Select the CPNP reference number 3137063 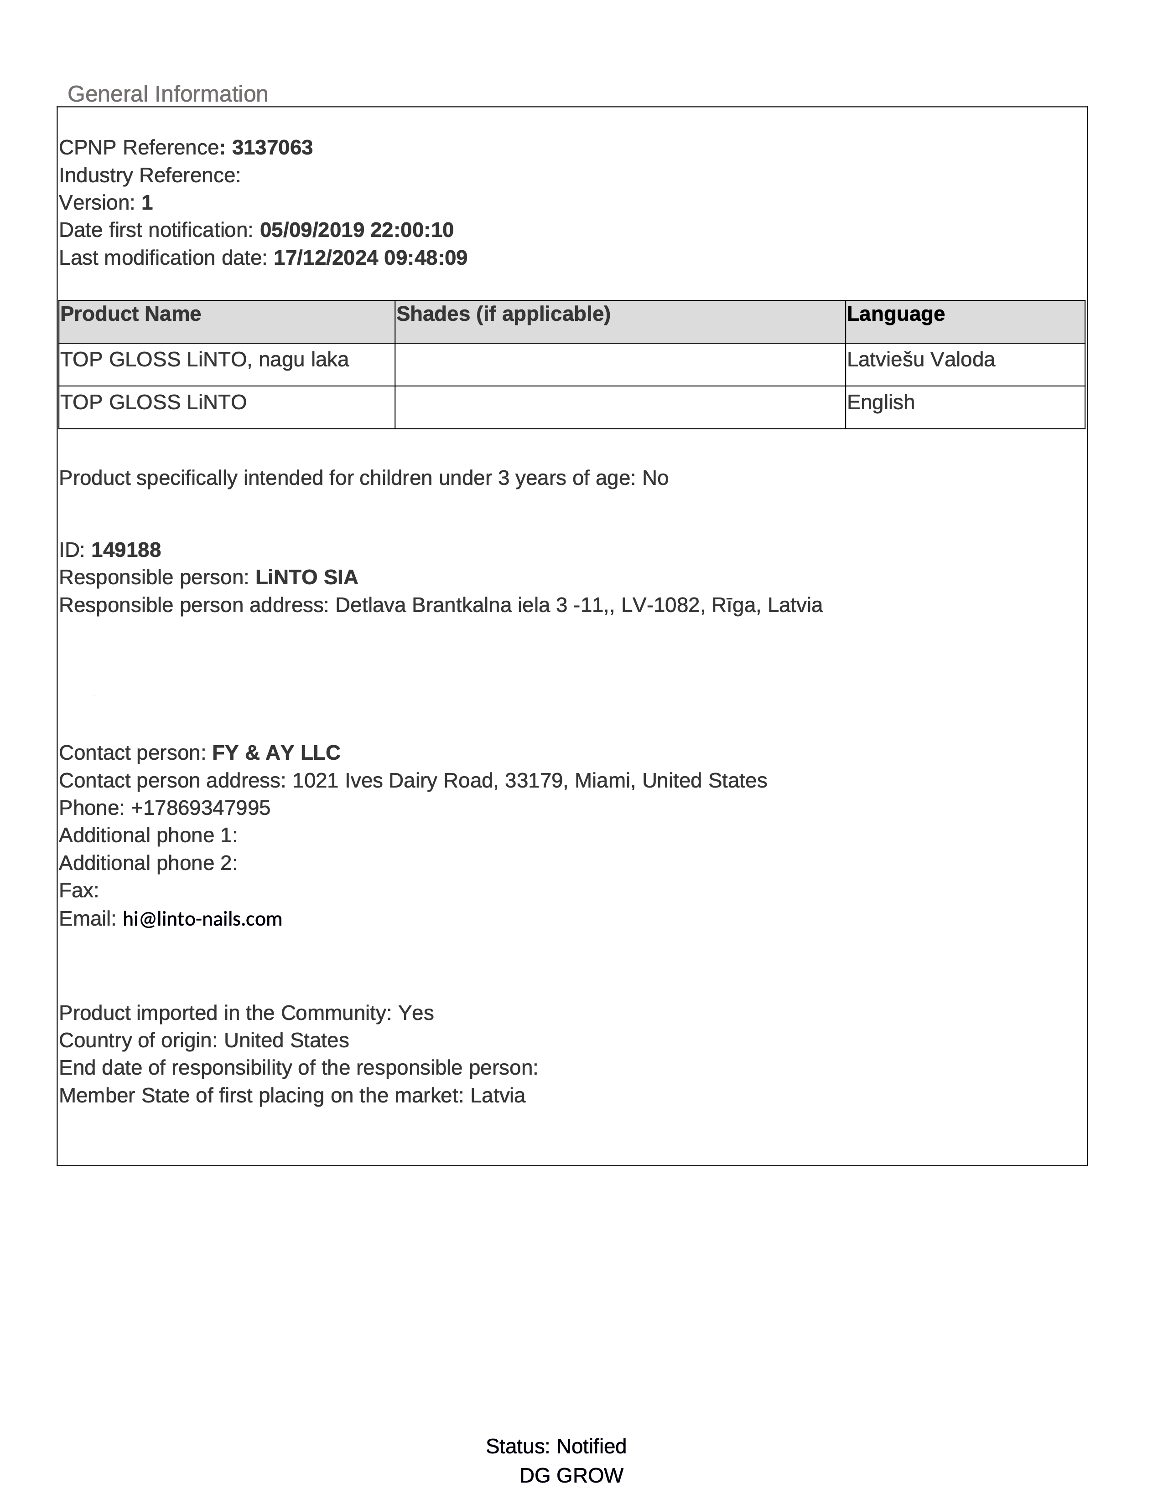tap(272, 148)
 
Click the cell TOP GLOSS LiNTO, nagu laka tap(205, 360)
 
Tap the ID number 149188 tap(126, 550)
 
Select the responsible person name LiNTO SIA tap(306, 578)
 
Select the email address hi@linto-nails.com tap(202, 919)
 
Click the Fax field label tap(78, 891)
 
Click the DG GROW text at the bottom tap(571, 1476)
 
